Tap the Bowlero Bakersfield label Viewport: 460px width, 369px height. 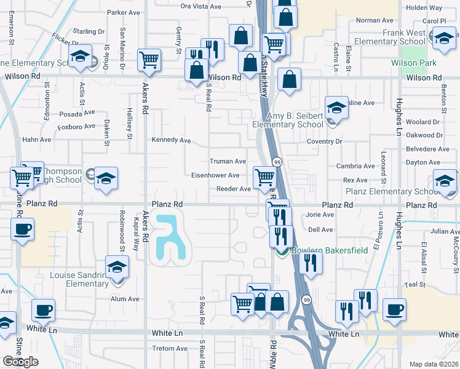coord(312,251)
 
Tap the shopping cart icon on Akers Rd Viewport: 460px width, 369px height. coord(149,60)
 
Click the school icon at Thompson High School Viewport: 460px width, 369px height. coord(106,178)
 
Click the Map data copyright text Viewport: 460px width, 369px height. coord(433,364)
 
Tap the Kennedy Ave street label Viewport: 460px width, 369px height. coord(172,140)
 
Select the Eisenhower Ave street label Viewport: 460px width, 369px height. coord(215,175)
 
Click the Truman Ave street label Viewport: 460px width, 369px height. coord(228,161)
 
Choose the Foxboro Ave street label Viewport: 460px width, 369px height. coord(76,126)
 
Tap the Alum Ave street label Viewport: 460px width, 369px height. coord(125,299)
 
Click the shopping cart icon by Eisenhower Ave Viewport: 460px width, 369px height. coord(264,177)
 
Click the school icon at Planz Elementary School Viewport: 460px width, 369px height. coord(445,181)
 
